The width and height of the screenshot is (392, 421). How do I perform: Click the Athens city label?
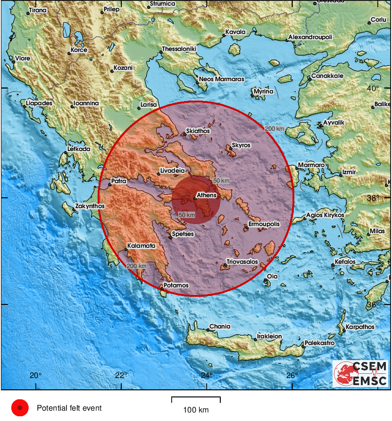click(x=206, y=195)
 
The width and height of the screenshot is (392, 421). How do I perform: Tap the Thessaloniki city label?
click(x=179, y=49)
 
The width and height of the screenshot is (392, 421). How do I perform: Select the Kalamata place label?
click(x=141, y=246)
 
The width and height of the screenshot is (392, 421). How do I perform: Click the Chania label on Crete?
click(x=220, y=326)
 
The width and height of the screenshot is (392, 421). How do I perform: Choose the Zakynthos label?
click(x=90, y=206)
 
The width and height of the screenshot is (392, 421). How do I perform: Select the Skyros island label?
click(x=241, y=145)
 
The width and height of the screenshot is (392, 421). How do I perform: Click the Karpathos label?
click(x=360, y=327)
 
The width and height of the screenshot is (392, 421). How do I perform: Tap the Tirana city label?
click(x=38, y=10)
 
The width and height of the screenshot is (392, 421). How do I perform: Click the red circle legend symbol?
click(x=20, y=408)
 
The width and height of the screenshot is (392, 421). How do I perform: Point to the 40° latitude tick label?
click(x=373, y=89)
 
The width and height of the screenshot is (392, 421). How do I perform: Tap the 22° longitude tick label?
click(x=121, y=376)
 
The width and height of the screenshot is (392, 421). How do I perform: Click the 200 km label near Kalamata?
click(x=137, y=266)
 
